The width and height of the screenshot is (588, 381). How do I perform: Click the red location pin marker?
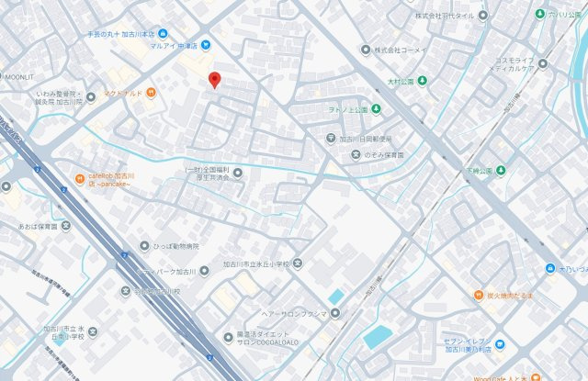pyautogui.click(x=214, y=81)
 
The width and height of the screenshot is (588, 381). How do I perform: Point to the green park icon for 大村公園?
pyautogui.click(x=422, y=82)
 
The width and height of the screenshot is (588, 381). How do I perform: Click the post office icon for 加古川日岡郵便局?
pyautogui.click(x=332, y=139)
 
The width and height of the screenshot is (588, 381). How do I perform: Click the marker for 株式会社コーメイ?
pyautogui.click(x=366, y=50)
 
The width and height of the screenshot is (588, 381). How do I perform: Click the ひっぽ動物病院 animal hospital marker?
pyautogui.click(x=144, y=246)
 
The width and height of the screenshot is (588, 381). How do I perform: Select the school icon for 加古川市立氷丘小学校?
pyautogui.click(x=298, y=263)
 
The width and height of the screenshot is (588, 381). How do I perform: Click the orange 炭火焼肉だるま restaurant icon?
pyautogui.click(x=479, y=295)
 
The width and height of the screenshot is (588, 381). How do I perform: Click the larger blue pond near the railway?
pyautogui.click(x=377, y=336)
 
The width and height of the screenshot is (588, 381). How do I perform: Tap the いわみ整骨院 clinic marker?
pyautogui.click(x=89, y=95)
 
